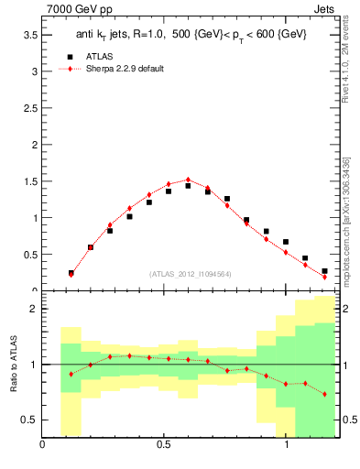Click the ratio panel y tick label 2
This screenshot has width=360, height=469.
[34, 309]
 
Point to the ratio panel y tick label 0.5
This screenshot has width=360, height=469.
[30, 420]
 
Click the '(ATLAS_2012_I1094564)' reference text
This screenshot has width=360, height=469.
[191, 274]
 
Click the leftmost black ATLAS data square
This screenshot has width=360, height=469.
[71, 273]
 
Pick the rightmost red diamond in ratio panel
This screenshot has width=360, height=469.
[324, 394]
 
